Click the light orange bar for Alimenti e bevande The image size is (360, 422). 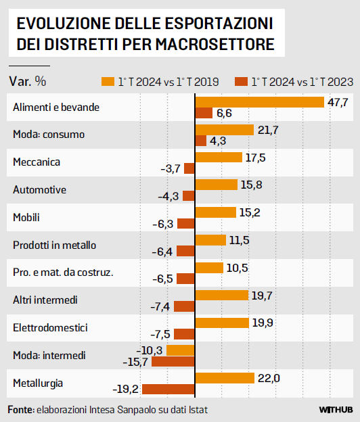259,102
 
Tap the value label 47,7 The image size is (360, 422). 337,102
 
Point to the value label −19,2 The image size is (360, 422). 125,390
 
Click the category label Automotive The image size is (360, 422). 40,190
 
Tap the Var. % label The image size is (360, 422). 28,81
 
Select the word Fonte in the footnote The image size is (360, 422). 20,410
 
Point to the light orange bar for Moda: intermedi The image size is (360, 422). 181,350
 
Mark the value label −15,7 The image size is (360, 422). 134,362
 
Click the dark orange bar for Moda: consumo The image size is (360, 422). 201,141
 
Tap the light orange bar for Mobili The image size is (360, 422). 215,212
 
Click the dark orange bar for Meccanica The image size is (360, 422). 189,168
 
